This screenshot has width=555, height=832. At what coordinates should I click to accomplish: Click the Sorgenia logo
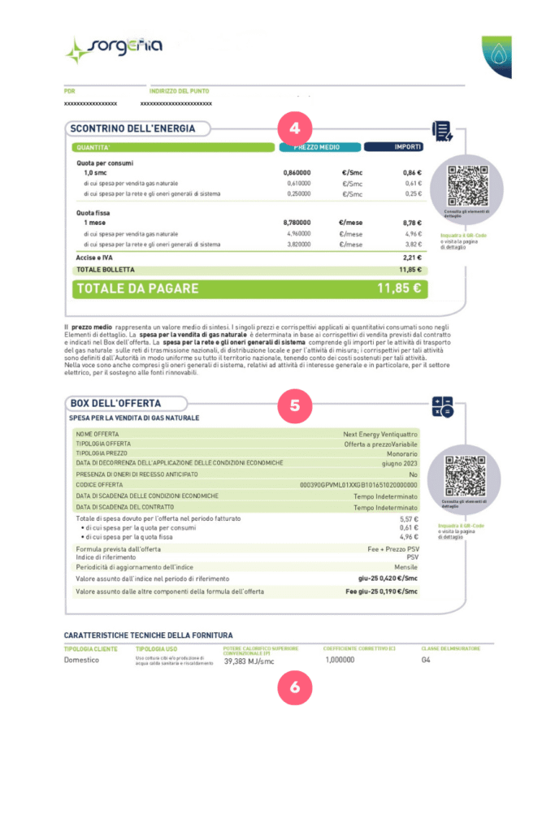pos(113,48)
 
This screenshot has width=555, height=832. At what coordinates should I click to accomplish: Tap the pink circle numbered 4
pos(295,128)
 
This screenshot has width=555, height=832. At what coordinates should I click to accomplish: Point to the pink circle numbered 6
pos(295,687)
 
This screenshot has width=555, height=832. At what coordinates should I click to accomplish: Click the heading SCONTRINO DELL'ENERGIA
pos(132,128)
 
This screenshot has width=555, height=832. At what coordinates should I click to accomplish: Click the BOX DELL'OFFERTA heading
pos(115,403)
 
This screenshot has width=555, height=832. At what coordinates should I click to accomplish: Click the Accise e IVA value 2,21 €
pos(411,257)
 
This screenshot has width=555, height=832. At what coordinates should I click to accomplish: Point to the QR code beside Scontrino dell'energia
pos(466,184)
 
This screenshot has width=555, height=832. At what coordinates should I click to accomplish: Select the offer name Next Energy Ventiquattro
pos(380,435)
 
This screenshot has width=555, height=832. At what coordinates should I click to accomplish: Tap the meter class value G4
pos(426,661)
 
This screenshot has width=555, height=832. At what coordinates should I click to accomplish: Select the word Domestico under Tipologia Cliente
pos(81,661)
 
